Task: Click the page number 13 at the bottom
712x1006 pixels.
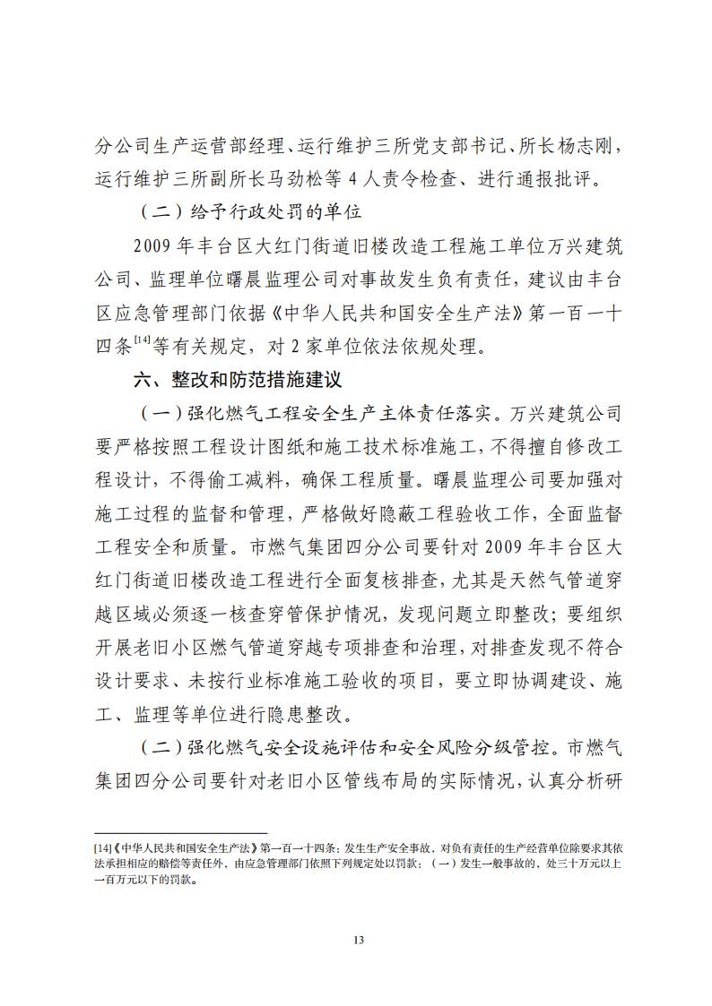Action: coord(356,940)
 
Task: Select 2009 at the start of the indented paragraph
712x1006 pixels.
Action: coord(152,246)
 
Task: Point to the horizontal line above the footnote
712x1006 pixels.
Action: coord(180,832)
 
